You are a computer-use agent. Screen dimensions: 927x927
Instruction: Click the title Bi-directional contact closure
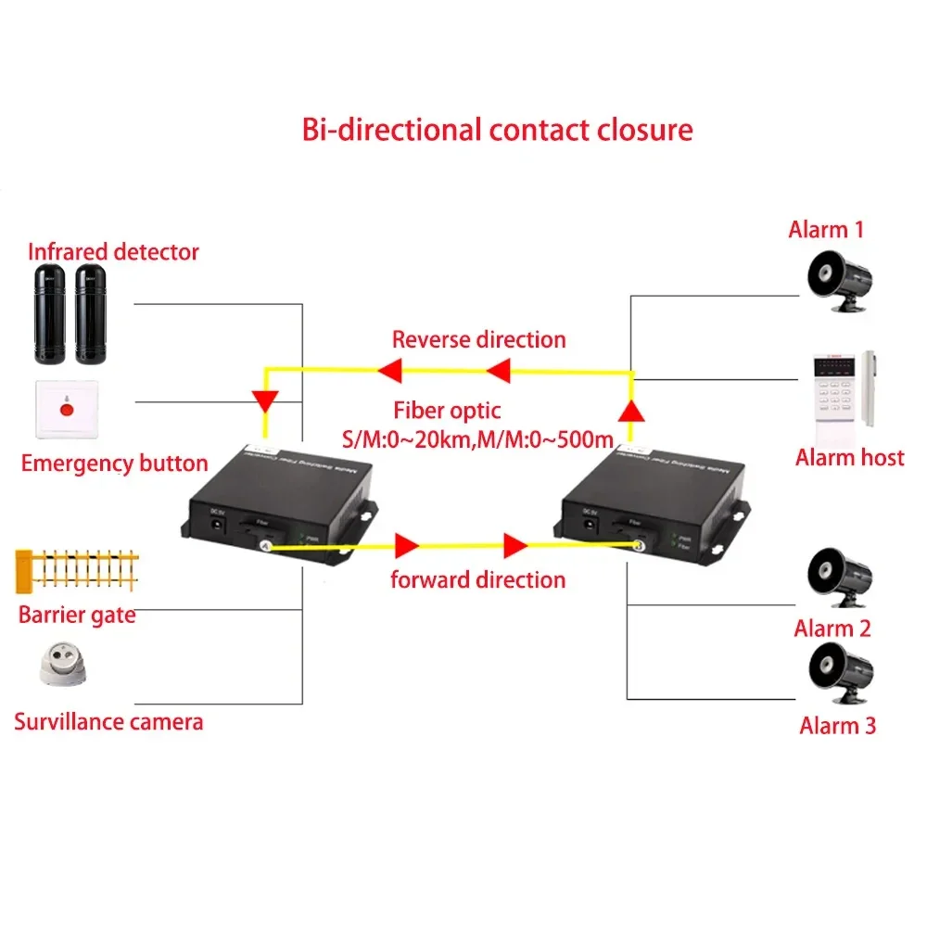(x=497, y=129)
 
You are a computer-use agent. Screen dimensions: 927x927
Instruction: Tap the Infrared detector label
(x=113, y=251)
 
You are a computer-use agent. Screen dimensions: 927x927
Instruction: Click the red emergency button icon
(x=65, y=408)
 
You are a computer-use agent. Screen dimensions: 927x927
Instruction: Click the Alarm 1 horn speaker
(x=838, y=279)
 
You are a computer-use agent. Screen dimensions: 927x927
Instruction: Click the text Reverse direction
(x=478, y=339)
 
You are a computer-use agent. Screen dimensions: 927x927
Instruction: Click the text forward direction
(x=477, y=580)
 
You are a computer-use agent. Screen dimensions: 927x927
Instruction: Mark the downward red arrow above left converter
(x=266, y=401)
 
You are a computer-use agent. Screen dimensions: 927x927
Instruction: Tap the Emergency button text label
(x=114, y=463)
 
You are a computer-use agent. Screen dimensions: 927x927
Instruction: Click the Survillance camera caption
(x=108, y=721)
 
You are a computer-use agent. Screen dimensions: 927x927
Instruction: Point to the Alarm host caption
(x=849, y=457)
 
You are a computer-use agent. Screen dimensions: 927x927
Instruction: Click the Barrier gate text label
(x=77, y=615)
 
